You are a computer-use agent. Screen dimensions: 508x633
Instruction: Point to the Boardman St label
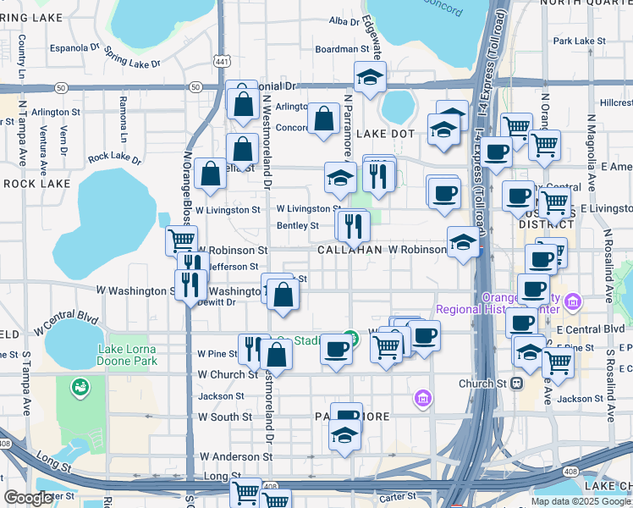point(338,50)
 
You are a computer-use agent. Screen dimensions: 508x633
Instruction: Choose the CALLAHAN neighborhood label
point(350,251)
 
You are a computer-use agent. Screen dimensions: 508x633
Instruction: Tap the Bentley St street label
point(298,226)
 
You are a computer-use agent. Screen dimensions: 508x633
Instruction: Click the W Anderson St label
point(236,457)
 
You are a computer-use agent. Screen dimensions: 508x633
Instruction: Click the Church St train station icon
point(516,383)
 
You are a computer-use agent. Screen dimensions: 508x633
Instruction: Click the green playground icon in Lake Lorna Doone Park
point(80,386)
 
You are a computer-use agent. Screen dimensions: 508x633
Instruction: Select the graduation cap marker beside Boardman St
point(370,77)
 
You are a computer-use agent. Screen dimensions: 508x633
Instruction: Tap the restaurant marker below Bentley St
point(353,226)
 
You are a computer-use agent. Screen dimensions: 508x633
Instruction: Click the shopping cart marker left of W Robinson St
point(181,240)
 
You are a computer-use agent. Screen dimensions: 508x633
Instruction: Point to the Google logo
point(29,498)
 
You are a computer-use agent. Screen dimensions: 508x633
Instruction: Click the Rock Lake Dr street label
point(114,157)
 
